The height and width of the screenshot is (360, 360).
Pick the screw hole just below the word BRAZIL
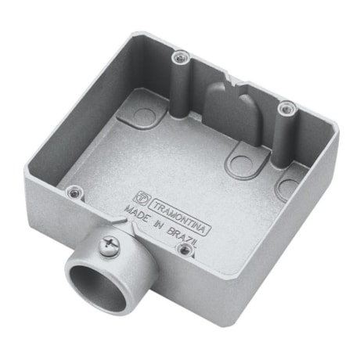point(185,249)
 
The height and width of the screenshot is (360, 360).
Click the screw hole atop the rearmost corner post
point(182,56)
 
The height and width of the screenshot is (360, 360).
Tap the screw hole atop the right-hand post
point(286,109)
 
